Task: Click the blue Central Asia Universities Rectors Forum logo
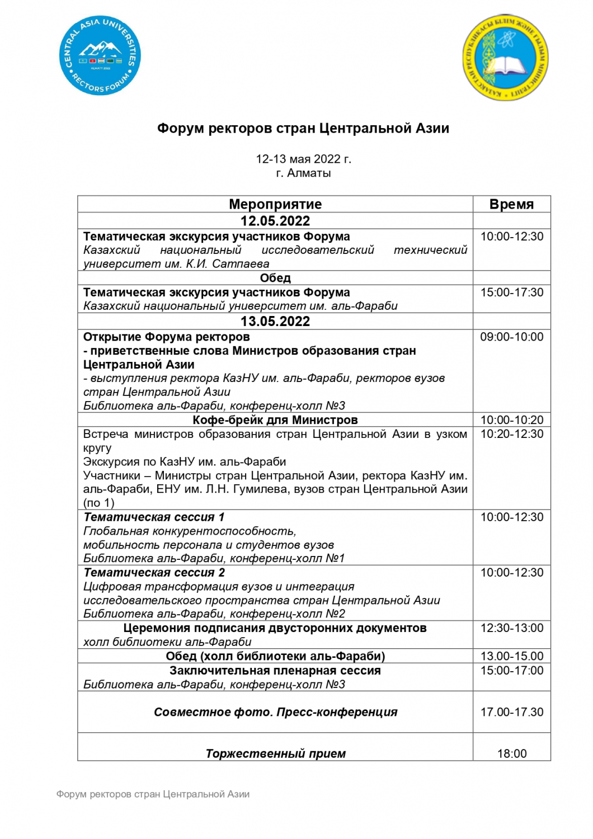(x=100, y=55)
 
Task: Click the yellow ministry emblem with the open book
(x=506, y=58)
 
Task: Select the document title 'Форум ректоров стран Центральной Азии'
(x=303, y=129)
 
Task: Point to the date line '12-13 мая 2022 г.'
(x=303, y=159)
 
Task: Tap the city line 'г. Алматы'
(x=303, y=173)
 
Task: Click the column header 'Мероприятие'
(x=275, y=204)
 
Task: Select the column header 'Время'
(x=511, y=204)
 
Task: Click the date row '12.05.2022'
(x=275, y=221)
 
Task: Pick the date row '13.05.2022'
(x=275, y=321)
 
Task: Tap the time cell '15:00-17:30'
(x=511, y=292)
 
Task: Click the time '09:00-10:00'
(x=511, y=337)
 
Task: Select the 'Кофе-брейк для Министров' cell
(x=275, y=420)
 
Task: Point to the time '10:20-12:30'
(x=511, y=434)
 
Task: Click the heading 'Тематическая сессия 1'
(x=154, y=517)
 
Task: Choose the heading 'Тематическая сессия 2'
(x=154, y=573)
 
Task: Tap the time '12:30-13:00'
(x=511, y=628)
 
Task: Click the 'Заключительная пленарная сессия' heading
(x=275, y=671)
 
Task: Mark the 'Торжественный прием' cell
(x=275, y=753)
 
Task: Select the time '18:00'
(x=511, y=753)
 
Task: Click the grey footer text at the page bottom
(x=153, y=794)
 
